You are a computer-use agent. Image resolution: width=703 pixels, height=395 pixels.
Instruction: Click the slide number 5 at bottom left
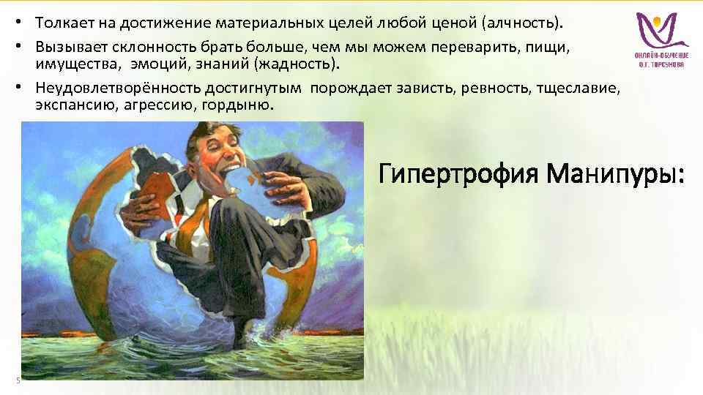click(17, 378)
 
